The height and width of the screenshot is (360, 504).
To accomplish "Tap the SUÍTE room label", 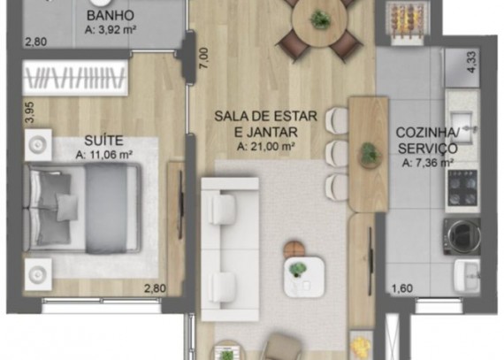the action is tap(103, 141).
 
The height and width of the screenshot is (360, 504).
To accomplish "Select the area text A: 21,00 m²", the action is tap(266, 147).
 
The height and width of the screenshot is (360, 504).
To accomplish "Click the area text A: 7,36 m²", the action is tap(428, 163).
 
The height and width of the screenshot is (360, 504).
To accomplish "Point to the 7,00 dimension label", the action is tap(204, 58).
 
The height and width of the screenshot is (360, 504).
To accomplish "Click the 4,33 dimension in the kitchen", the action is tap(471, 62).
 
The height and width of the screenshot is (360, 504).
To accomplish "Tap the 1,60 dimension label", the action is tap(402, 288).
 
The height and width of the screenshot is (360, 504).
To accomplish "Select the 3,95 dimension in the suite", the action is tap(30, 112).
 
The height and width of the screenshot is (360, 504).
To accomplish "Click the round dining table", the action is tap(320, 19).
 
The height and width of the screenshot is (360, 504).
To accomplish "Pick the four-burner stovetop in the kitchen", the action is tap(462, 188).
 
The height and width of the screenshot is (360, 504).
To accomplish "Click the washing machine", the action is tap(462, 236).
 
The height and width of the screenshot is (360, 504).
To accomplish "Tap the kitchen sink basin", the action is tap(462, 121).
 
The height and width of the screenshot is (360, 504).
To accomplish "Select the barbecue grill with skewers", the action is tap(408, 20).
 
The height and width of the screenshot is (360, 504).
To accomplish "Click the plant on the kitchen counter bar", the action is tap(369, 154).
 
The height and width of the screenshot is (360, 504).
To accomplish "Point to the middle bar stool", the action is tap(337, 154).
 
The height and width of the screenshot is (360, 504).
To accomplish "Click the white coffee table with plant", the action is tap(304, 277).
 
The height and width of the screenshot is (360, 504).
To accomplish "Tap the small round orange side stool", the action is tap(294, 249).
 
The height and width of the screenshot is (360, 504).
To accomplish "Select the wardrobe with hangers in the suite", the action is tap(75, 78).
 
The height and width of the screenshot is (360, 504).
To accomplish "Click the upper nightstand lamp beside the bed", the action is tap(38, 145).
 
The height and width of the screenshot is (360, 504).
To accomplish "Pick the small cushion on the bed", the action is tap(67, 207).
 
